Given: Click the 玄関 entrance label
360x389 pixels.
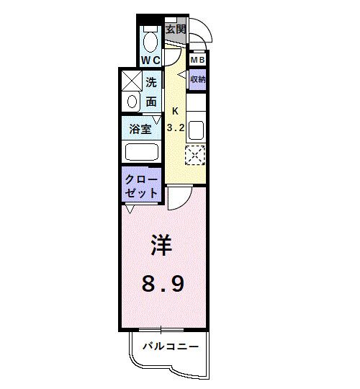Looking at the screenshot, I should [175, 30].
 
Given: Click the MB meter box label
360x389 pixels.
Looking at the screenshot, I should [197, 60].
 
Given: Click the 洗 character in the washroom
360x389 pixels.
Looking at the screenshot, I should [151, 83].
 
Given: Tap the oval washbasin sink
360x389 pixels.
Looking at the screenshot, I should [132, 102].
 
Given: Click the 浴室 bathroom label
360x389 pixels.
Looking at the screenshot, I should [140, 130].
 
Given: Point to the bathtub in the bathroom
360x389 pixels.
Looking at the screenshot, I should [141, 153].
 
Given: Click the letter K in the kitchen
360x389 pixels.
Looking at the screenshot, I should [176, 112].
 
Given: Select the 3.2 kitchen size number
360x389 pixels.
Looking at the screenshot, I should [176, 128].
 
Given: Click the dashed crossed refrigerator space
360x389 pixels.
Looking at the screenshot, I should [195, 155].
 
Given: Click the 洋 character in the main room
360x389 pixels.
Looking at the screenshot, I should [163, 247].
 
